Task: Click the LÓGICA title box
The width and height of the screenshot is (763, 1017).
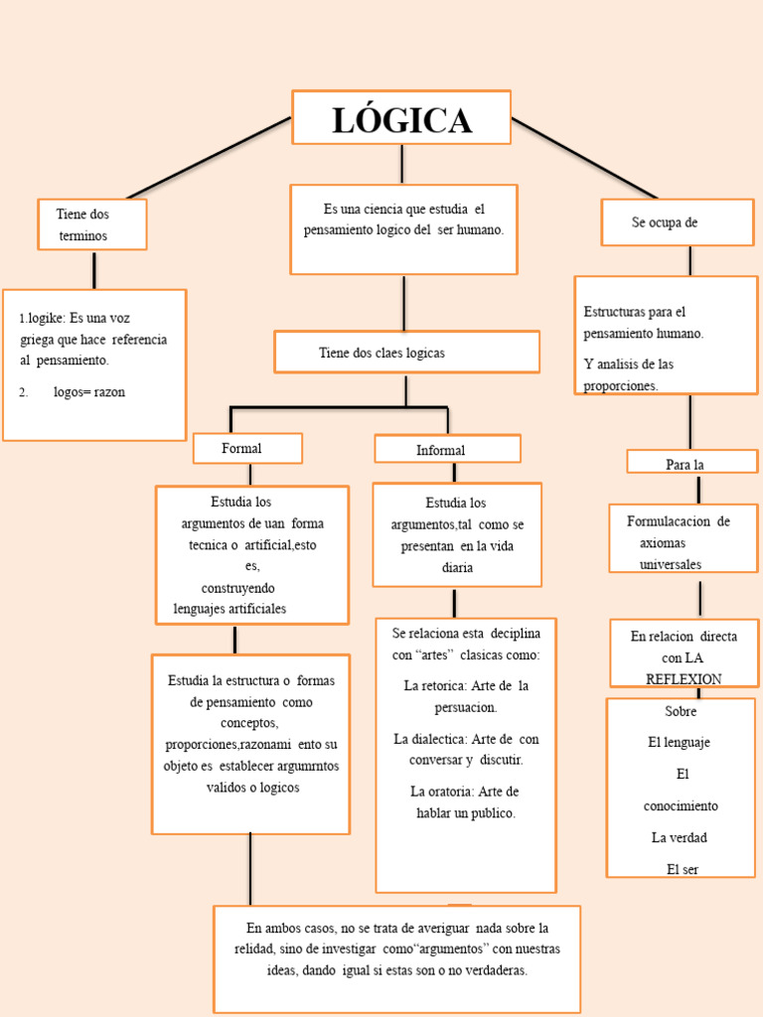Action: [401, 118]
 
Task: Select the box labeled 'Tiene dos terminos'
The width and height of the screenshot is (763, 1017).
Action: [92, 224]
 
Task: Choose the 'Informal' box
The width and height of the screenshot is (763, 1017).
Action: [447, 450]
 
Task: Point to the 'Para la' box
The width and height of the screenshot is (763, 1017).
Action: [691, 463]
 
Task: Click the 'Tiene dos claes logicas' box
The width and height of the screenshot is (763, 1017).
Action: [406, 353]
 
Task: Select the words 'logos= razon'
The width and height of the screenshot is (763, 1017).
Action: [89, 392]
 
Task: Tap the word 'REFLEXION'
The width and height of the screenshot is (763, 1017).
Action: [684, 678]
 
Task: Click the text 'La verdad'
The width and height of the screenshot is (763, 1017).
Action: [680, 837]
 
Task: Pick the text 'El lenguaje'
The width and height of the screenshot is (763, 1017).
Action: [679, 742]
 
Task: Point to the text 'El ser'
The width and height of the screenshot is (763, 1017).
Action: [683, 869]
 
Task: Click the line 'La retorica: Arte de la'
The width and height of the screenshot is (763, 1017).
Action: [466, 686]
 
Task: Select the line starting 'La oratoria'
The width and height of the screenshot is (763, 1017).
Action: [464, 792]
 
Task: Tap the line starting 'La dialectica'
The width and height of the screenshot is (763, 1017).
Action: [466, 739]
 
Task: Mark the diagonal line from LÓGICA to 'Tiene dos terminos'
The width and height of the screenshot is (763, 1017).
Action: [209, 157]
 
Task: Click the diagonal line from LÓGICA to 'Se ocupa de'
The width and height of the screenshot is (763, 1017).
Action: [584, 157]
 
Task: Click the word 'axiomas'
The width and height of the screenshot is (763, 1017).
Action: [663, 543]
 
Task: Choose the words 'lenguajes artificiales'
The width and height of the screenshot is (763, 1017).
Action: [229, 608]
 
